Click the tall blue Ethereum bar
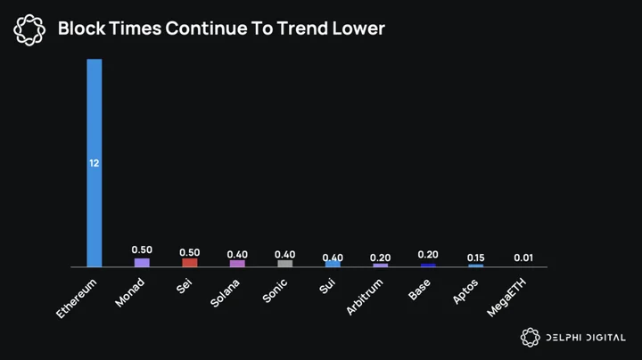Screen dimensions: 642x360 click(x=95, y=163)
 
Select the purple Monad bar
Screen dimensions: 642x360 click(x=142, y=263)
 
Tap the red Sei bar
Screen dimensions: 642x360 click(x=190, y=263)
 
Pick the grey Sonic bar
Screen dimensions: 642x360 click(x=285, y=264)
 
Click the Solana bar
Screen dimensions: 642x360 click(x=237, y=264)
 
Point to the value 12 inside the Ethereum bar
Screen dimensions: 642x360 click(x=95, y=163)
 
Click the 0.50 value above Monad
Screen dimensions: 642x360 click(x=142, y=250)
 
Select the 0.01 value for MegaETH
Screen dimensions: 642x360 click(x=523, y=258)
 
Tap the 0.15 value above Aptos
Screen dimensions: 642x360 click(x=476, y=258)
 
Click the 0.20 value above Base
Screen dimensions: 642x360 click(x=428, y=255)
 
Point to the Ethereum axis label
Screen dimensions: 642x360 click(x=77, y=299)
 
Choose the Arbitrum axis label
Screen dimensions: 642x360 click(x=365, y=297)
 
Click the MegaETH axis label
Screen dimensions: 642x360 click(x=506, y=298)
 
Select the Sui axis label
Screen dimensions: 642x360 click(x=327, y=286)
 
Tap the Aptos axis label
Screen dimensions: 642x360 click(x=465, y=291)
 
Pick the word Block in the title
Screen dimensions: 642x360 click(x=81, y=29)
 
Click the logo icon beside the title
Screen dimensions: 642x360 click(x=29, y=29)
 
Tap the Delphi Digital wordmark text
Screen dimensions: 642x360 click(x=586, y=338)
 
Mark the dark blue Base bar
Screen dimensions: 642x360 click(x=428, y=265)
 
